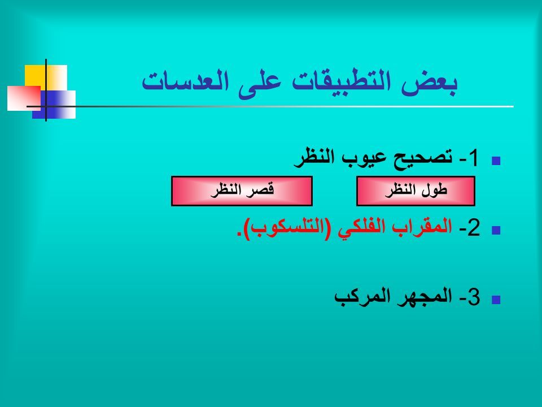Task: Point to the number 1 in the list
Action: click(x=473, y=158)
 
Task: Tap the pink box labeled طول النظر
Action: click(x=416, y=191)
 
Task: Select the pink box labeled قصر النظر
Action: click(x=242, y=191)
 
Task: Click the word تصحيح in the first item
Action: click(x=423, y=158)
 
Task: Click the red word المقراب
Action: click(x=422, y=227)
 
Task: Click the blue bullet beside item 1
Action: click(x=496, y=161)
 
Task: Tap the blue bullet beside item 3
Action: click(x=496, y=300)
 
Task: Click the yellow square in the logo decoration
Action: click(x=35, y=75)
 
